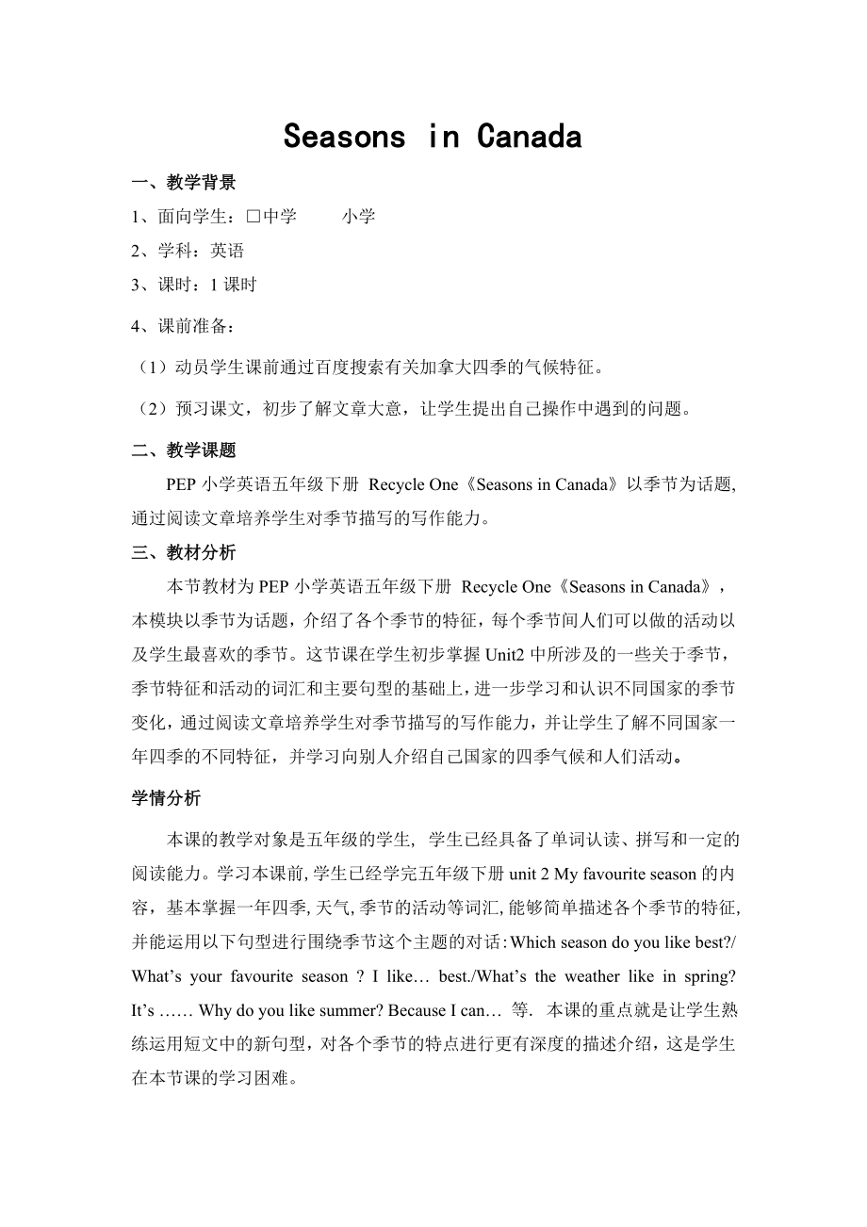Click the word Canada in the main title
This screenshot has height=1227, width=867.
point(530,138)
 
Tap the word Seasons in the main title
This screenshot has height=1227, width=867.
point(344,138)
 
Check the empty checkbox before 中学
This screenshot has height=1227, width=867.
point(253,217)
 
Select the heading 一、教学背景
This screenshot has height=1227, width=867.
point(184,183)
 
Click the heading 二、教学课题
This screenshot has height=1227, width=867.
point(184,450)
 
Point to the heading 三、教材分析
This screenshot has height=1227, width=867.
point(184,553)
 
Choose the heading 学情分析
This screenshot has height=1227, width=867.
point(166,798)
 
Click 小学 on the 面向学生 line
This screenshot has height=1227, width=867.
point(358,217)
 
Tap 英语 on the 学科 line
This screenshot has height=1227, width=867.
point(227,251)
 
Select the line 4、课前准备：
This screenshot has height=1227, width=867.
point(184,327)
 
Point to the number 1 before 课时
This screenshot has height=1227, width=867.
point(214,285)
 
